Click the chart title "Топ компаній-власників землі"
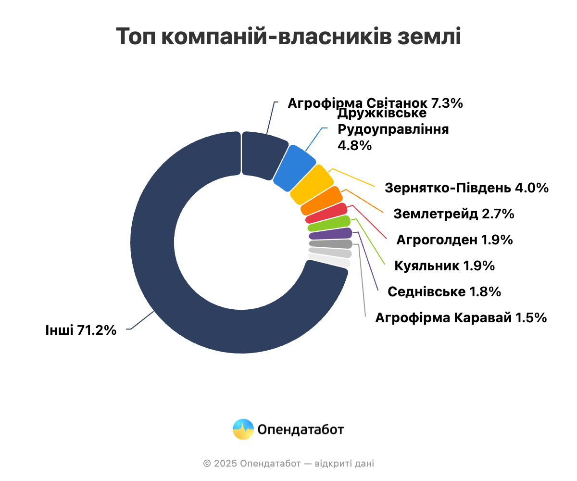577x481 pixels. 288,37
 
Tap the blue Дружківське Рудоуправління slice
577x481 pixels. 295,167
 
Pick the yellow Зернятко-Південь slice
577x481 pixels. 312,184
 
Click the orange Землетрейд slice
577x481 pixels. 322,201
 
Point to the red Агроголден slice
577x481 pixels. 326,213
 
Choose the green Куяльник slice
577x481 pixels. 329,224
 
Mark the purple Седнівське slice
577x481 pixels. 330,234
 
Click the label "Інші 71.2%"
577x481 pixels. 81,330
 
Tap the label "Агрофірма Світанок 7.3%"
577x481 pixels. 375,103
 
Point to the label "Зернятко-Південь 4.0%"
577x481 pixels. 466,188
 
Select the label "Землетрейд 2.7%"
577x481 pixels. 454,214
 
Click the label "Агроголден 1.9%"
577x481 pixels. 455,240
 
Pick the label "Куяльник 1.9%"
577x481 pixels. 444,266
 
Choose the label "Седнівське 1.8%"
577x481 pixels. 444,291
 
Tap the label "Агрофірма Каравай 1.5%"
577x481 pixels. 461,317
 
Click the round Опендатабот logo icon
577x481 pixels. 243,429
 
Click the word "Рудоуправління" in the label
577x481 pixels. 393,129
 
